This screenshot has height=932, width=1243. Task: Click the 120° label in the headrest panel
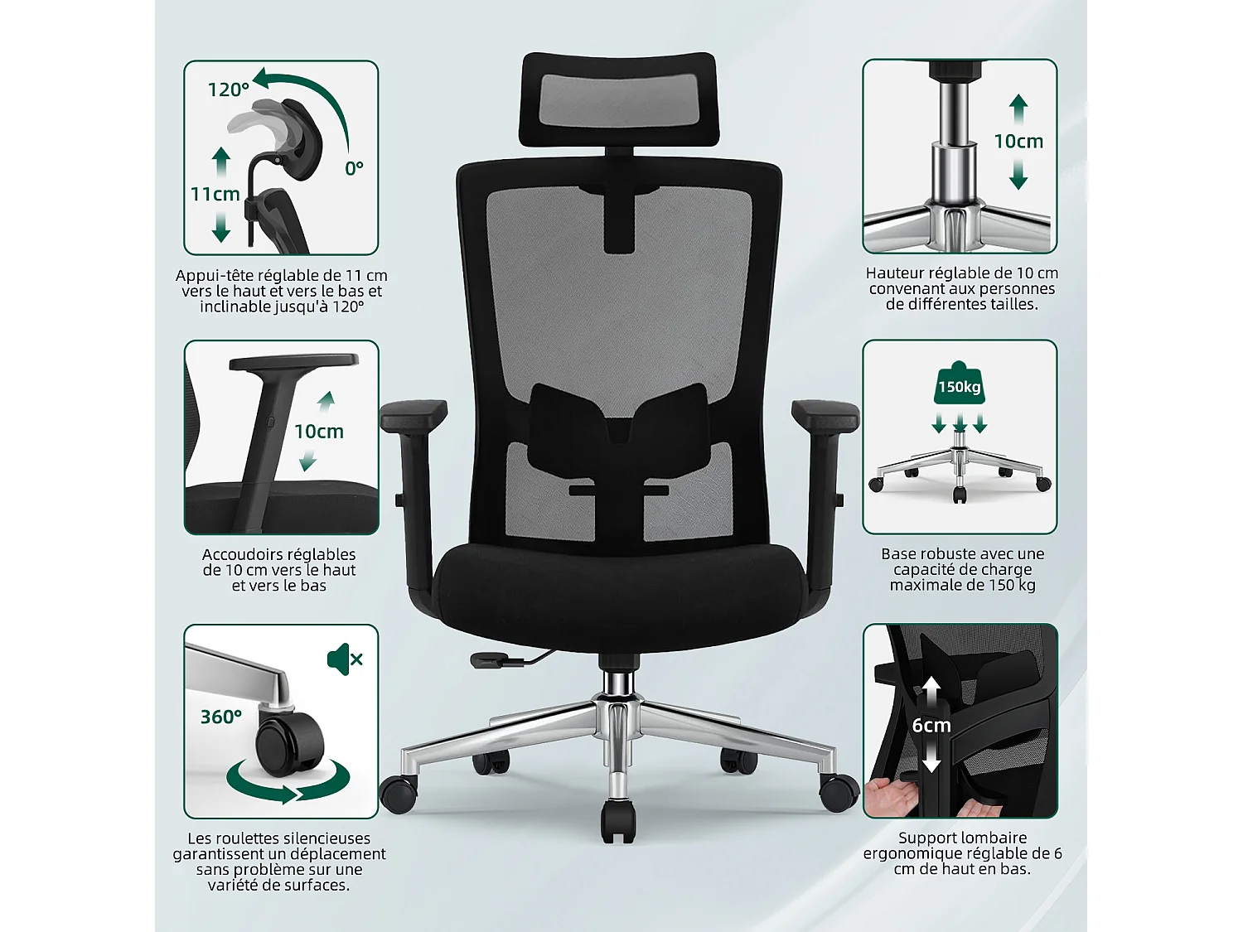coord(228,89)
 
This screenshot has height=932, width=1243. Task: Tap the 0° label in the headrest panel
coord(354,169)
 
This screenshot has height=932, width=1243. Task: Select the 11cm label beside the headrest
coord(215,195)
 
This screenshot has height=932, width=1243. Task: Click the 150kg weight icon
coord(959,384)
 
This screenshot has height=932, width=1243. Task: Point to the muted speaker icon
coord(345,659)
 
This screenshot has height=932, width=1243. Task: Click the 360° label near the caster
coord(221,717)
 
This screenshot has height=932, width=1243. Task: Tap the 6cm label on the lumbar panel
coord(931,726)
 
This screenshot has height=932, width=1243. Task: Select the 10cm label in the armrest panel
coord(319,432)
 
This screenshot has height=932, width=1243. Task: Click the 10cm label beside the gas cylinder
coord(1018,142)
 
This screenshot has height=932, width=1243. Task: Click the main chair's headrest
coord(617,99)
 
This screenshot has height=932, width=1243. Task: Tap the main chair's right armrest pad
coord(825,413)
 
